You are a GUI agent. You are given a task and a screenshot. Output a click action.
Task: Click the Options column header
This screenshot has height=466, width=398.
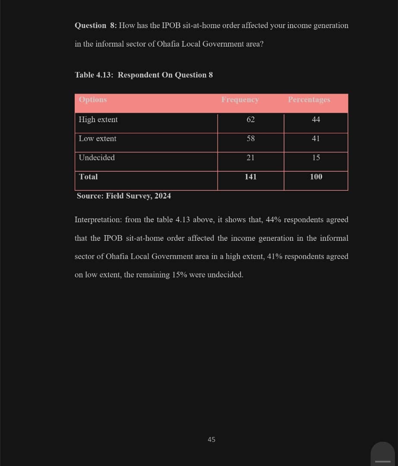pos(93,100)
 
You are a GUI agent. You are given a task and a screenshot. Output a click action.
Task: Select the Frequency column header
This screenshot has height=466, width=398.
pos(240,100)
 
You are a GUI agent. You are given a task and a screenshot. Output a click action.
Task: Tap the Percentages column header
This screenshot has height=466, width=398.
pos(309,100)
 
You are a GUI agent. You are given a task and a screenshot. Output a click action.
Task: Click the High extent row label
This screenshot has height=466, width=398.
pos(98,120)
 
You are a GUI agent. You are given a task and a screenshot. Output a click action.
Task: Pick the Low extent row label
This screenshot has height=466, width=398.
pos(98,139)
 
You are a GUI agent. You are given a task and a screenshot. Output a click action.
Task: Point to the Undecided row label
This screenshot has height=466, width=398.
pos(97,157)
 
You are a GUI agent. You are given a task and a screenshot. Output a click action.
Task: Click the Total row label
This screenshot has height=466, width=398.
pos(88,176)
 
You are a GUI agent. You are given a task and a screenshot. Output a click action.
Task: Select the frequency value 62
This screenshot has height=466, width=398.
pos(251,120)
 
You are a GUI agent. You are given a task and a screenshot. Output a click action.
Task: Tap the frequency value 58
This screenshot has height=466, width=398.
pos(251,139)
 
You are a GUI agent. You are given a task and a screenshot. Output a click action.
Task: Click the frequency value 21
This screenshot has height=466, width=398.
pos(251,157)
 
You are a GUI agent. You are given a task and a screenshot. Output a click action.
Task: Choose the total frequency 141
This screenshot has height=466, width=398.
pos(251,176)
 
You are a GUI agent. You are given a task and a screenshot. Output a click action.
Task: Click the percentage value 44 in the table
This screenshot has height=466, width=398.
pos(316,120)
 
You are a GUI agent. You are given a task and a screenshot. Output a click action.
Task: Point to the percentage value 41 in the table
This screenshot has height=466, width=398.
pos(316,139)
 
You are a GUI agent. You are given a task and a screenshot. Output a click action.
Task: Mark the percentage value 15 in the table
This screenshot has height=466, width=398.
pos(316,157)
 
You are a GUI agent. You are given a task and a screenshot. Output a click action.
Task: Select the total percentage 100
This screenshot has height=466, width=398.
pos(316,176)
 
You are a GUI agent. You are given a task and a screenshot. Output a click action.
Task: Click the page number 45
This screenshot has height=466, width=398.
pos(212,439)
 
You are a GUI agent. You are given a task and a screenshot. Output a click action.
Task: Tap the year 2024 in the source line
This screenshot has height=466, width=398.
pos(163,196)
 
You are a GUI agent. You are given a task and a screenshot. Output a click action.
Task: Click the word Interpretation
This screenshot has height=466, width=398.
pos(98,220)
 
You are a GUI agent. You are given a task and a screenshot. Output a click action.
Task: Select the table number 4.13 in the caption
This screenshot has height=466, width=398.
pos(105,75)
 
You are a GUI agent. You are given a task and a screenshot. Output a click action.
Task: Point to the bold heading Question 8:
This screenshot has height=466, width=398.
pos(95,25)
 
